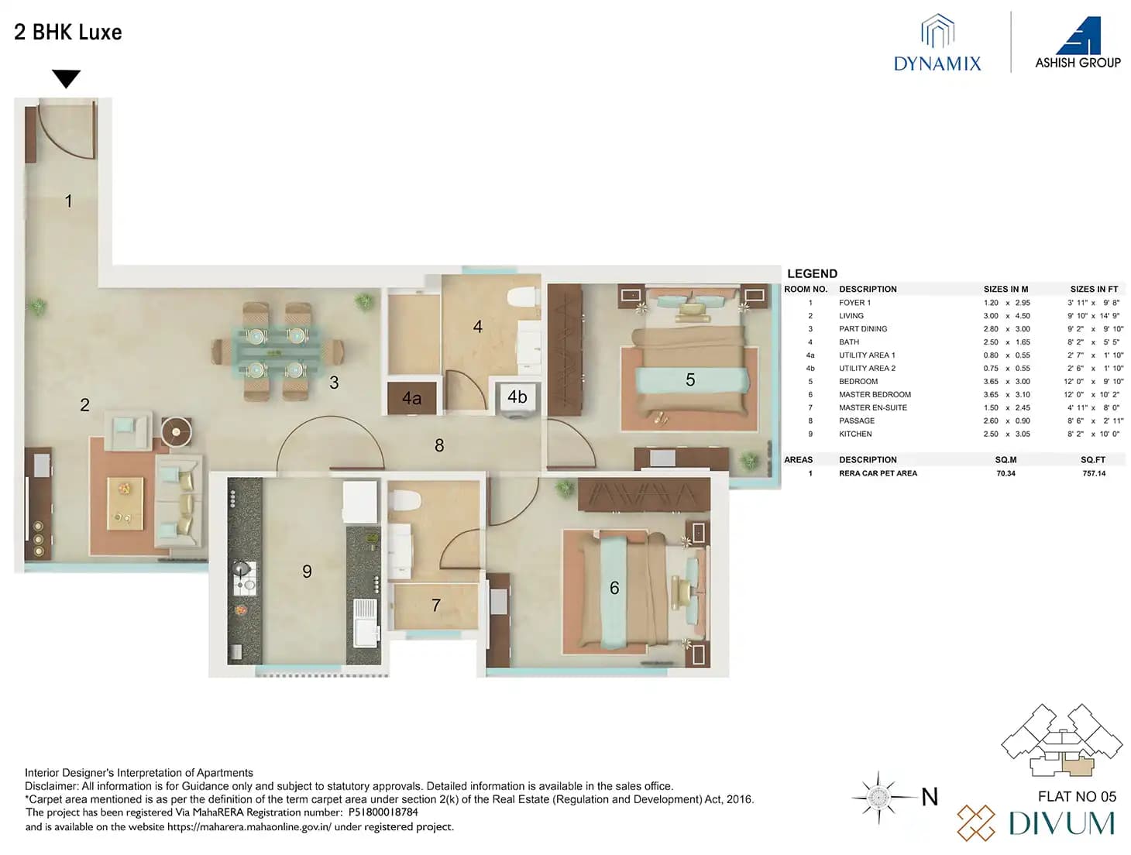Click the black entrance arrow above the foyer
pyautogui.click(x=67, y=78)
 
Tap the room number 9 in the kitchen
pyautogui.click(x=307, y=572)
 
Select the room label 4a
pyautogui.click(x=411, y=399)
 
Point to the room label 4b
pyautogui.click(x=517, y=397)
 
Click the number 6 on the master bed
pyautogui.click(x=614, y=589)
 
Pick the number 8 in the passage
pyautogui.click(x=439, y=445)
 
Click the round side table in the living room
pyautogui.click(x=177, y=431)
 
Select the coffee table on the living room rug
pyautogui.click(x=125, y=503)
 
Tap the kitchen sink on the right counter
pyautogui.click(x=365, y=622)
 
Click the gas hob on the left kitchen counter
pyautogui.click(x=243, y=577)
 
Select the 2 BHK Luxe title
pyautogui.click(x=68, y=33)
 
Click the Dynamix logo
pyautogui.click(x=937, y=44)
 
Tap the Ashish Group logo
pyautogui.click(x=1078, y=44)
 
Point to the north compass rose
pyautogui.click(x=878, y=797)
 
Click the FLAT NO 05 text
pyautogui.click(x=1077, y=796)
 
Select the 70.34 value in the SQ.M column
pyautogui.click(x=1006, y=473)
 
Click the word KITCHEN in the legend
pyautogui.click(x=855, y=434)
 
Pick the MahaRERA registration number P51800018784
pyautogui.click(x=383, y=812)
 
